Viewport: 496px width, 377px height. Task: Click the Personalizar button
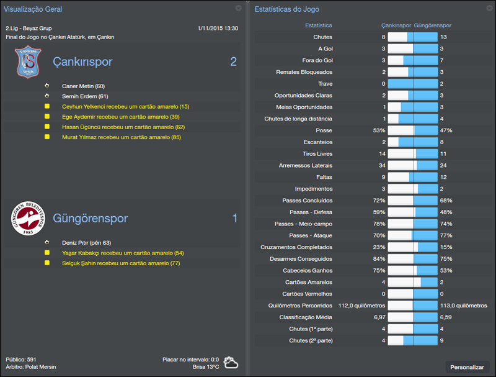pyautogui.click(x=467, y=367)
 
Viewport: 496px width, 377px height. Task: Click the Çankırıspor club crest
pyautogui.click(x=27, y=62)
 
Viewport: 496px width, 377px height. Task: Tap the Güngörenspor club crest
pyautogui.click(x=27, y=219)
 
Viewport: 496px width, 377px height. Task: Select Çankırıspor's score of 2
pyautogui.click(x=233, y=61)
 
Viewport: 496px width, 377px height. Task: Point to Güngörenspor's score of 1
pyautogui.click(x=234, y=218)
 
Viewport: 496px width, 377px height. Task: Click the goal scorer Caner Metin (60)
pyautogui.click(x=83, y=86)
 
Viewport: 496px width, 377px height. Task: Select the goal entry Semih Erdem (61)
pyautogui.click(x=85, y=96)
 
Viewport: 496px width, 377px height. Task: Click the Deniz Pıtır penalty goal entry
pyautogui.click(x=86, y=243)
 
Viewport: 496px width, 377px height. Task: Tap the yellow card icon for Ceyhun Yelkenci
pyautogui.click(x=46, y=107)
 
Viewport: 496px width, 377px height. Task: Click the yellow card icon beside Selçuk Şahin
pyautogui.click(x=46, y=263)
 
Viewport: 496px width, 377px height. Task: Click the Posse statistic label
pyautogui.click(x=324, y=131)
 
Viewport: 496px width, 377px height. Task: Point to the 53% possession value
pyautogui.click(x=379, y=131)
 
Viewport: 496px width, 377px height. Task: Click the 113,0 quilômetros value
pyautogui.click(x=463, y=306)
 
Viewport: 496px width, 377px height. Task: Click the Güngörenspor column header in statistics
pyautogui.click(x=432, y=25)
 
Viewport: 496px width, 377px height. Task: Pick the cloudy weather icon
pyautogui.click(x=231, y=362)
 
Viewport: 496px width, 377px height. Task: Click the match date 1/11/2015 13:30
pyautogui.click(x=217, y=29)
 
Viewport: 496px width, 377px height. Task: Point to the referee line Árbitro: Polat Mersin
pyautogui.click(x=31, y=367)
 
